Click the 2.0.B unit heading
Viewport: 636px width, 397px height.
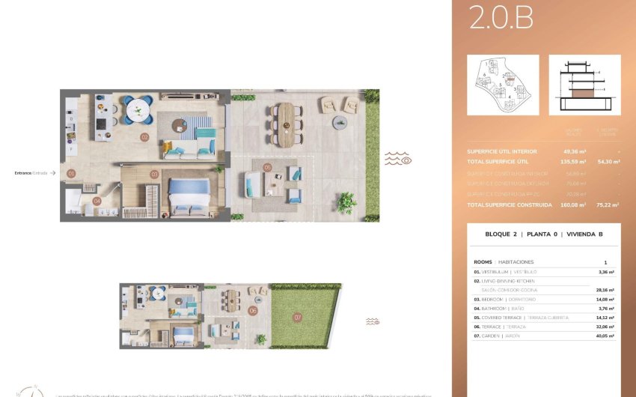click(x=501, y=19)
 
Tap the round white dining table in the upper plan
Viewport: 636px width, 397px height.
click(x=137, y=112)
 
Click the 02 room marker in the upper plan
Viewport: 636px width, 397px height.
click(x=144, y=137)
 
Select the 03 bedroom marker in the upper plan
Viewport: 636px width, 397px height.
click(x=154, y=175)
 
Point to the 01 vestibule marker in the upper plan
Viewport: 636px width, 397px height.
click(x=72, y=173)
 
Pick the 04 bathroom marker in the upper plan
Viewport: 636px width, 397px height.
click(x=97, y=201)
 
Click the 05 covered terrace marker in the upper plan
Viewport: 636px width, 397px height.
click(x=267, y=167)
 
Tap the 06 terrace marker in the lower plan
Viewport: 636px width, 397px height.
click(x=253, y=310)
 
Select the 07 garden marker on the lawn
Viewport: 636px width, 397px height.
click(x=297, y=318)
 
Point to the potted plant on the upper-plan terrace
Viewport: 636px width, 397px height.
click(x=346, y=201)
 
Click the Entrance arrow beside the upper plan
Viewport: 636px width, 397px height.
click(x=53, y=173)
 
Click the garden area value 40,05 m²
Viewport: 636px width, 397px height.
click(x=605, y=336)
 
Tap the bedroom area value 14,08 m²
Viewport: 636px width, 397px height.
click(x=605, y=299)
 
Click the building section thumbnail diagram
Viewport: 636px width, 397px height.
click(x=584, y=85)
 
